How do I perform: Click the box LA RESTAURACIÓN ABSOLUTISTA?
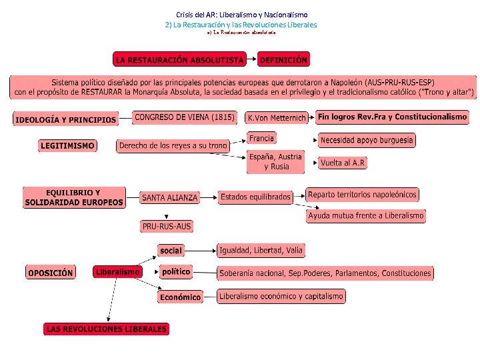click(180, 60)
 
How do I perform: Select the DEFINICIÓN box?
click(283, 60)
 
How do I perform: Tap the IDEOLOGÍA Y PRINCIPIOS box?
click(65, 120)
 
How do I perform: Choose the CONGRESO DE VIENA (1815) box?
click(185, 117)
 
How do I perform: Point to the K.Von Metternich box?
click(277, 118)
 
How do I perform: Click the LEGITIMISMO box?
click(67, 145)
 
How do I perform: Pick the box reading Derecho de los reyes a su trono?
click(173, 145)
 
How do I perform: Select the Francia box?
click(261, 138)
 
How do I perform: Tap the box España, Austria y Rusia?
click(275, 162)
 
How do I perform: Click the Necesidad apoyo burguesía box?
click(367, 140)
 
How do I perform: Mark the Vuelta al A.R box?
click(343, 163)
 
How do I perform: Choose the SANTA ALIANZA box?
click(169, 197)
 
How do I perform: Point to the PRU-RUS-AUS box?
click(167, 227)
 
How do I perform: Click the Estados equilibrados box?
click(256, 197)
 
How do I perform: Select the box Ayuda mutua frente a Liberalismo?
click(366, 216)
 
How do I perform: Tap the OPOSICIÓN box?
click(51, 273)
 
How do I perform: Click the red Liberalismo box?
click(118, 272)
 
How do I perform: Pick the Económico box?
click(180, 297)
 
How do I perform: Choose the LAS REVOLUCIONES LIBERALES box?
click(107, 329)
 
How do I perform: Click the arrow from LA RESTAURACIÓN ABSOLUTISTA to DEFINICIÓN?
click(251, 60)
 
